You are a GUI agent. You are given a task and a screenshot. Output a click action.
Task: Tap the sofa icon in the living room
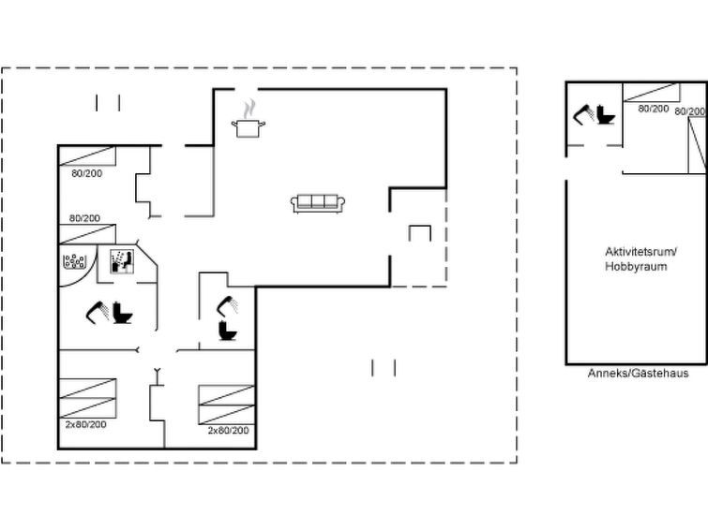coord(318,203)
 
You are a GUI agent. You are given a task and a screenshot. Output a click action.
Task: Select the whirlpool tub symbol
coord(74,261)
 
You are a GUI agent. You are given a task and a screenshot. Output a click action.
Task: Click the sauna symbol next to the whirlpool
coord(122,261)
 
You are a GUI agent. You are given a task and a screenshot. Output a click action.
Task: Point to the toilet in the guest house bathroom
coord(606,114)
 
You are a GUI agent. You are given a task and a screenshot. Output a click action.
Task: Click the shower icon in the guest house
coord(584,114)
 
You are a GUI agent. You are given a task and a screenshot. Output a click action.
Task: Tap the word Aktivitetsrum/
coord(640,252)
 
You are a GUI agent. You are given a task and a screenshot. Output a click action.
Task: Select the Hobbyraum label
coord(636,266)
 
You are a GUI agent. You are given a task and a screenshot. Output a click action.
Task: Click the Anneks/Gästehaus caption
coord(638,373)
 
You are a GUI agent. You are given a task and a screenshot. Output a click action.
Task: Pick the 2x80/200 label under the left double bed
coord(85,424)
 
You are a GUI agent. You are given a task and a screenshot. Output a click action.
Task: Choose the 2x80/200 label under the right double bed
coord(228,431)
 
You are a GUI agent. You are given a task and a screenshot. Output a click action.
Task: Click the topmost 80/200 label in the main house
coord(86,173)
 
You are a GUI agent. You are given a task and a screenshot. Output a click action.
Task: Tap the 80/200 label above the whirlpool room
coord(84,218)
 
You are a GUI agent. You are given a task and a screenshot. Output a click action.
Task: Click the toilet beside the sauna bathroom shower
coord(122,313)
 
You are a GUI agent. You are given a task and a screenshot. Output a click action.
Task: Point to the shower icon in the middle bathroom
coord(228,306)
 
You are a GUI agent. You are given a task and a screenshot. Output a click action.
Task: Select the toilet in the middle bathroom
coord(228,331)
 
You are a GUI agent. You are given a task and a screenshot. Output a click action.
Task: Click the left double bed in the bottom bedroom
coord(87,398)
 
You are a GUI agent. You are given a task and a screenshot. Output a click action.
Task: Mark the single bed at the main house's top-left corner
coord(87,156)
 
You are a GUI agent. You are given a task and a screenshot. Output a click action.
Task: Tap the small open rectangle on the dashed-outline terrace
coord(420,233)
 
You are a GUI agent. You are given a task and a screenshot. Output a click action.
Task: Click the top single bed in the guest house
coord(651,93)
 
